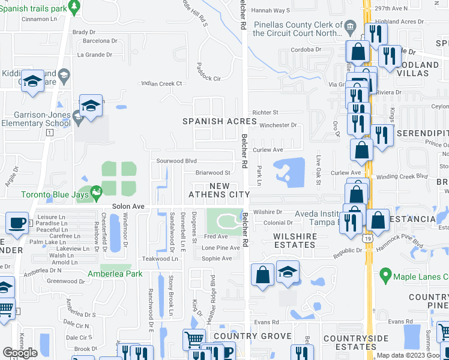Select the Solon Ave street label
130,206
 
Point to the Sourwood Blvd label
176,161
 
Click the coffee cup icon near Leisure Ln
17,223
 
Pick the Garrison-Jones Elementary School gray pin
77,115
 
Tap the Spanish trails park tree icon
74,7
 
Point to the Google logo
20,353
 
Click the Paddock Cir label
209,79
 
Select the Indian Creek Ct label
161,83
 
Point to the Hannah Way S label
270,10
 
